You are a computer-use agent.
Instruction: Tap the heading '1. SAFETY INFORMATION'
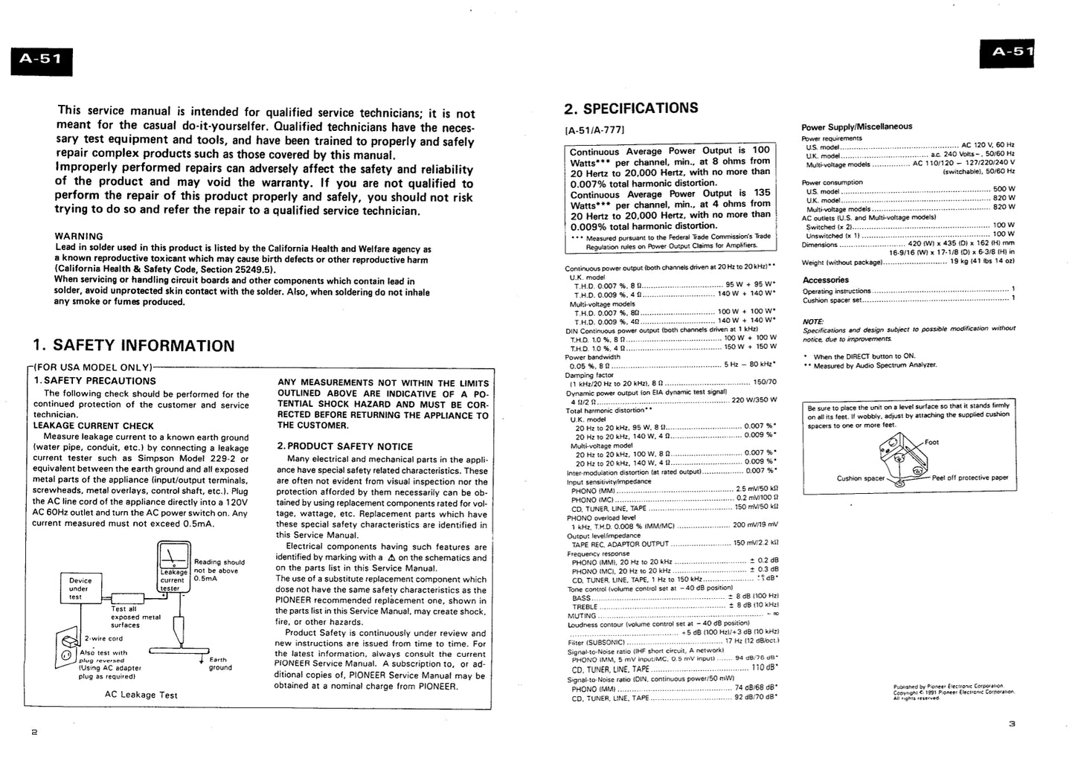(x=134, y=346)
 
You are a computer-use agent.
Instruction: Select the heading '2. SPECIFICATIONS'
(x=631, y=109)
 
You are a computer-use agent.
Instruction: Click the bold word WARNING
(x=80, y=237)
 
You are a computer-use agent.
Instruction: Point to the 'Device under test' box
(x=80, y=588)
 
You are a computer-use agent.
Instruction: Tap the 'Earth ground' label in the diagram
(x=220, y=664)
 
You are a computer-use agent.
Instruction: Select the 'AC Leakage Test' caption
(x=141, y=695)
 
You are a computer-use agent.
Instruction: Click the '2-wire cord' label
(x=103, y=638)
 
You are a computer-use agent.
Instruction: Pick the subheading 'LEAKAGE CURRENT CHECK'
(x=94, y=426)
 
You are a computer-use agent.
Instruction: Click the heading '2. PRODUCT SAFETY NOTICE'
(x=344, y=446)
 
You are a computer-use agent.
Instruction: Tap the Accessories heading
(x=825, y=280)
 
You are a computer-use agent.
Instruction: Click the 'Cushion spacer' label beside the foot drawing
(x=861, y=478)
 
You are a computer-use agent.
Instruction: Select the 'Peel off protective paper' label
(x=970, y=478)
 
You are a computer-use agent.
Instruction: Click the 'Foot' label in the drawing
(x=931, y=443)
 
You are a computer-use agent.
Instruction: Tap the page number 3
(x=1012, y=723)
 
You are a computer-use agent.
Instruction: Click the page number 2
(x=33, y=732)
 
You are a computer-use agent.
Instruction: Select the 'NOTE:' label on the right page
(x=813, y=321)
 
